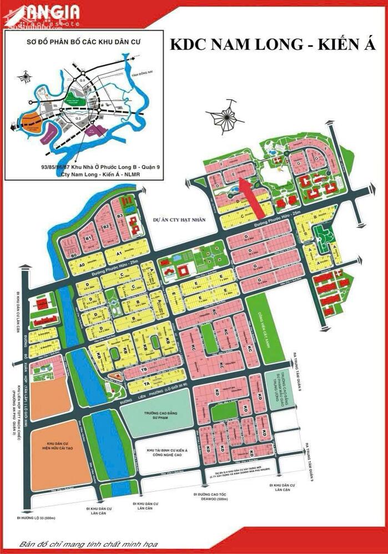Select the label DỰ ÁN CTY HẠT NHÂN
[x=179, y=220]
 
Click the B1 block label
[x=87, y=238]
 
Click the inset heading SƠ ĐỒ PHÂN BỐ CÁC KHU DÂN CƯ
[x=80, y=42]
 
